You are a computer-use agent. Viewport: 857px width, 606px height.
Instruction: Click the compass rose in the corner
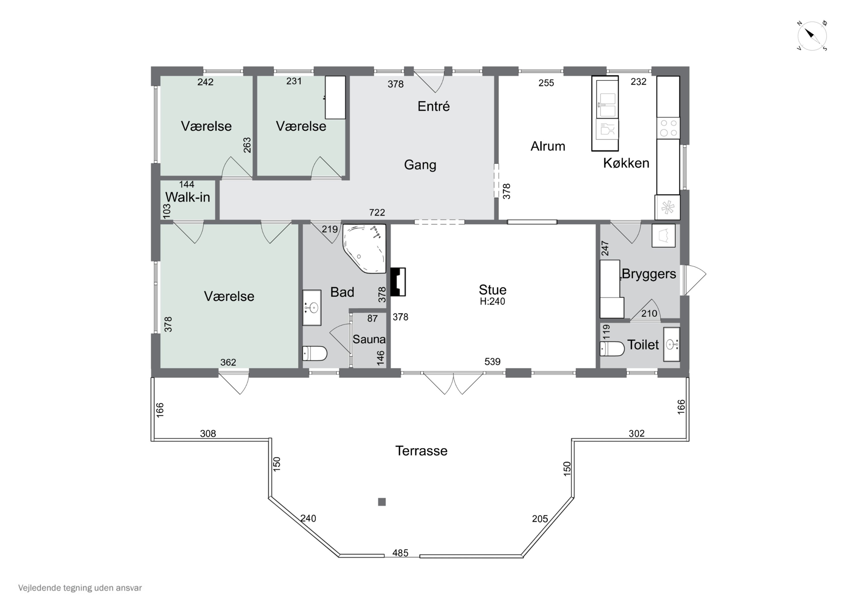click(x=812, y=36)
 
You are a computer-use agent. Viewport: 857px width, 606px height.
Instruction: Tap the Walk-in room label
click(x=187, y=197)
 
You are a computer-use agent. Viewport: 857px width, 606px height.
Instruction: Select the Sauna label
click(x=369, y=339)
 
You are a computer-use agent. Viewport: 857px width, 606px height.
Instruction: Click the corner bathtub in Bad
click(x=364, y=249)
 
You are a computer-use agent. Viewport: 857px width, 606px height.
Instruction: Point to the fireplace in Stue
click(x=398, y=282)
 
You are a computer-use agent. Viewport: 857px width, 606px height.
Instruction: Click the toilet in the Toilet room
click(x=612, y=349)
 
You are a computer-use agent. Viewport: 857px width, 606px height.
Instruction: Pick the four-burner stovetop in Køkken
click(x=668, y=128)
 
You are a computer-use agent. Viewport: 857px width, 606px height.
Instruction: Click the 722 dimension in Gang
click(x=377, y=213)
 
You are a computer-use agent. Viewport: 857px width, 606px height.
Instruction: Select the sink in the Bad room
click(x=312, y=308)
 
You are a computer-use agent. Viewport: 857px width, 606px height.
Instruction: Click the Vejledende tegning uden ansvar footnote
click(x=80, y=588)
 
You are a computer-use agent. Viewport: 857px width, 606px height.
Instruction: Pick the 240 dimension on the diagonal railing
click(x=308, y=518)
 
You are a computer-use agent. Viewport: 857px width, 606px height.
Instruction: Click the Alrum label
click(x=548, y=146)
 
